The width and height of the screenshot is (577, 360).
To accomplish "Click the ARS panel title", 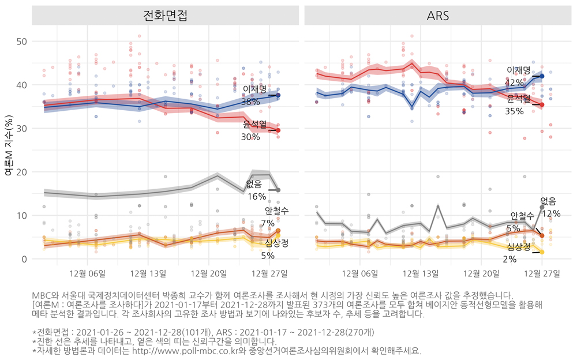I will [x=439, y=16].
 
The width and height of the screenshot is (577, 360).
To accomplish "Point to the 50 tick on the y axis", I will [x=22, y=42].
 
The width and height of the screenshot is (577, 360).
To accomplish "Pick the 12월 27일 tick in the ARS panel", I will [x=542, y=273].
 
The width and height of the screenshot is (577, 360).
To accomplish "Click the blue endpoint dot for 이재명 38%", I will [x=278, y=95].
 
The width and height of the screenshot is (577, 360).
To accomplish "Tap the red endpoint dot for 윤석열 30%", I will [x=278, y=130].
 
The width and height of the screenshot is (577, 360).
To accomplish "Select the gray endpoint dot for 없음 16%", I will [x=278, y=190].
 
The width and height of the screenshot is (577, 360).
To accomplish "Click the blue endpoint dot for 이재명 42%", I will [x=542, y=76].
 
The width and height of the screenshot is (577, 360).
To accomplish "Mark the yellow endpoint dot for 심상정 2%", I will [x=542, y=252].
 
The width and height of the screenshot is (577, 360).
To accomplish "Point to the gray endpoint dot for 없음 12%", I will [x=542, y=207].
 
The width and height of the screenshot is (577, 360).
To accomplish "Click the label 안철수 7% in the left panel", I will [x=272, y=217].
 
